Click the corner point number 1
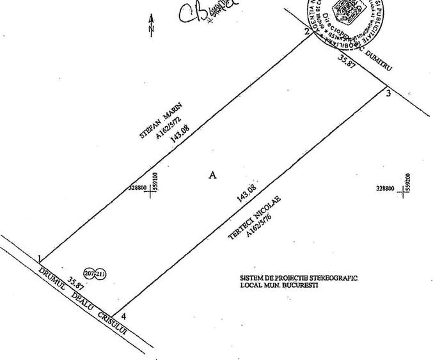(x=40, y=259)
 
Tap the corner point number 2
(x=307, y=32)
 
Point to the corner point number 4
(x=123, y=316)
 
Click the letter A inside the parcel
(x=213, y=175)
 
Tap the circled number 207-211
(x=95, y=274)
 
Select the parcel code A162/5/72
(x=168, y=128)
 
